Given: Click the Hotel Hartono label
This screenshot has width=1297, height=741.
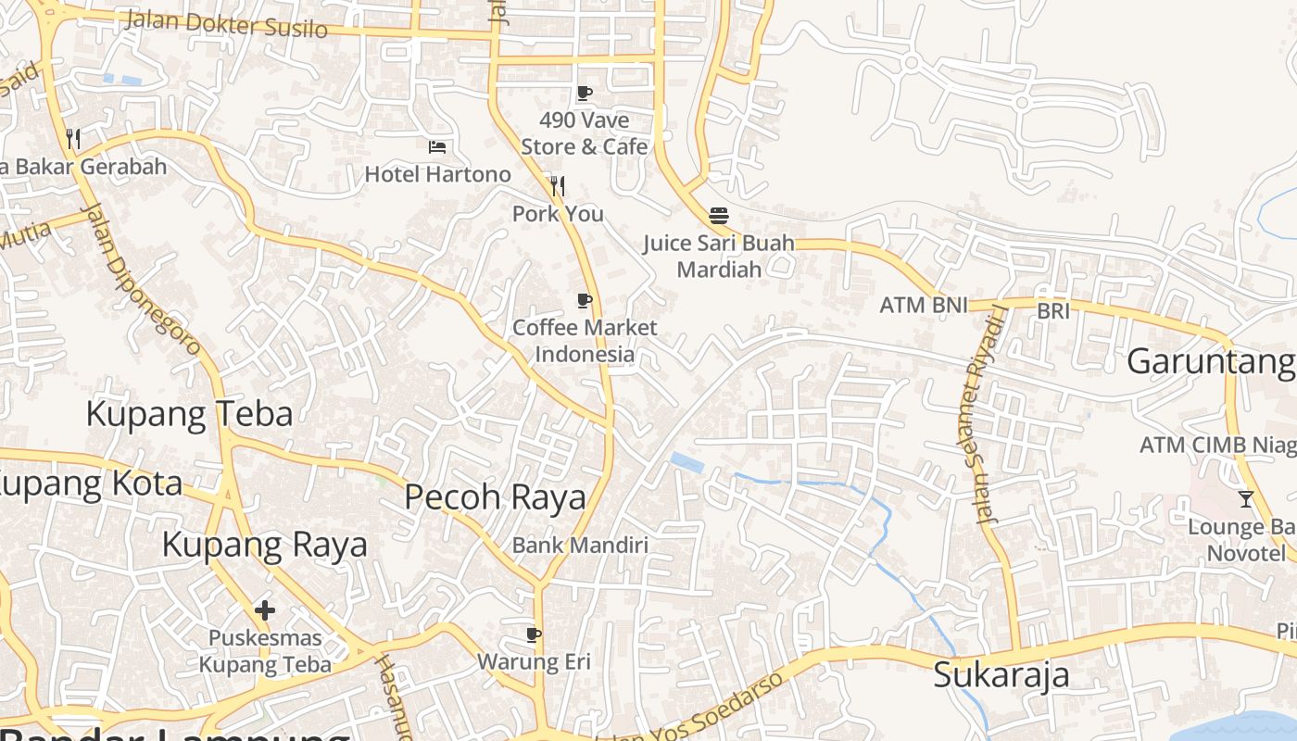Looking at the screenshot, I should click(437, 174).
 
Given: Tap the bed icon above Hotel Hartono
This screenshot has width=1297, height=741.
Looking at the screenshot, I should click(437, 146).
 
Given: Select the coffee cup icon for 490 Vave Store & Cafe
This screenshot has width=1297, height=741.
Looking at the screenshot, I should click(584, 93).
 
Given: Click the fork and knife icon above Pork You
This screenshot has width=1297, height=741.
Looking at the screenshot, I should click(557, 186).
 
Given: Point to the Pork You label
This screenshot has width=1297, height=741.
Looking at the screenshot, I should click(558, 214).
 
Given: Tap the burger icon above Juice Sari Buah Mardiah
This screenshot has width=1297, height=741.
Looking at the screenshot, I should click(719, 216).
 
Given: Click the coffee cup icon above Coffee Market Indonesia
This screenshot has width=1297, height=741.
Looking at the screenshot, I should click(584, 300).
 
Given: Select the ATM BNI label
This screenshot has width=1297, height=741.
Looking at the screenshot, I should click(923, 305).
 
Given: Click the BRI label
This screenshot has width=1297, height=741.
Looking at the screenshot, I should click(1053, 311).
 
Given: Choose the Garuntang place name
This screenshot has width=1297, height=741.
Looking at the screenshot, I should click(1210, 362).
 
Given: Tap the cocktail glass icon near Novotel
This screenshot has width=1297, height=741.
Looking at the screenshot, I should click(1246, 499).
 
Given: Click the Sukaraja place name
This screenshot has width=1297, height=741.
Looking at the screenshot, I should click(1001, 674).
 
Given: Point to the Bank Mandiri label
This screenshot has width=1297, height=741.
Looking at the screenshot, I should click(580, 545).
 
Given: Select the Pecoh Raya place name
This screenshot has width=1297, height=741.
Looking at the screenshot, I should click(496, 497).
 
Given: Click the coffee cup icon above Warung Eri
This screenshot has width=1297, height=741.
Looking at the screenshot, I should click(533, 634).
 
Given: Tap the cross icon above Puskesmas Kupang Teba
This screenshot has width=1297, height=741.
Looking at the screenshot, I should click(265, 610).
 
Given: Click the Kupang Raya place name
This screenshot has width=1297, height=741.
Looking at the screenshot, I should click(264, 545).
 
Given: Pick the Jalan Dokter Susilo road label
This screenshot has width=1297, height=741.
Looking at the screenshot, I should click(225, 23).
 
